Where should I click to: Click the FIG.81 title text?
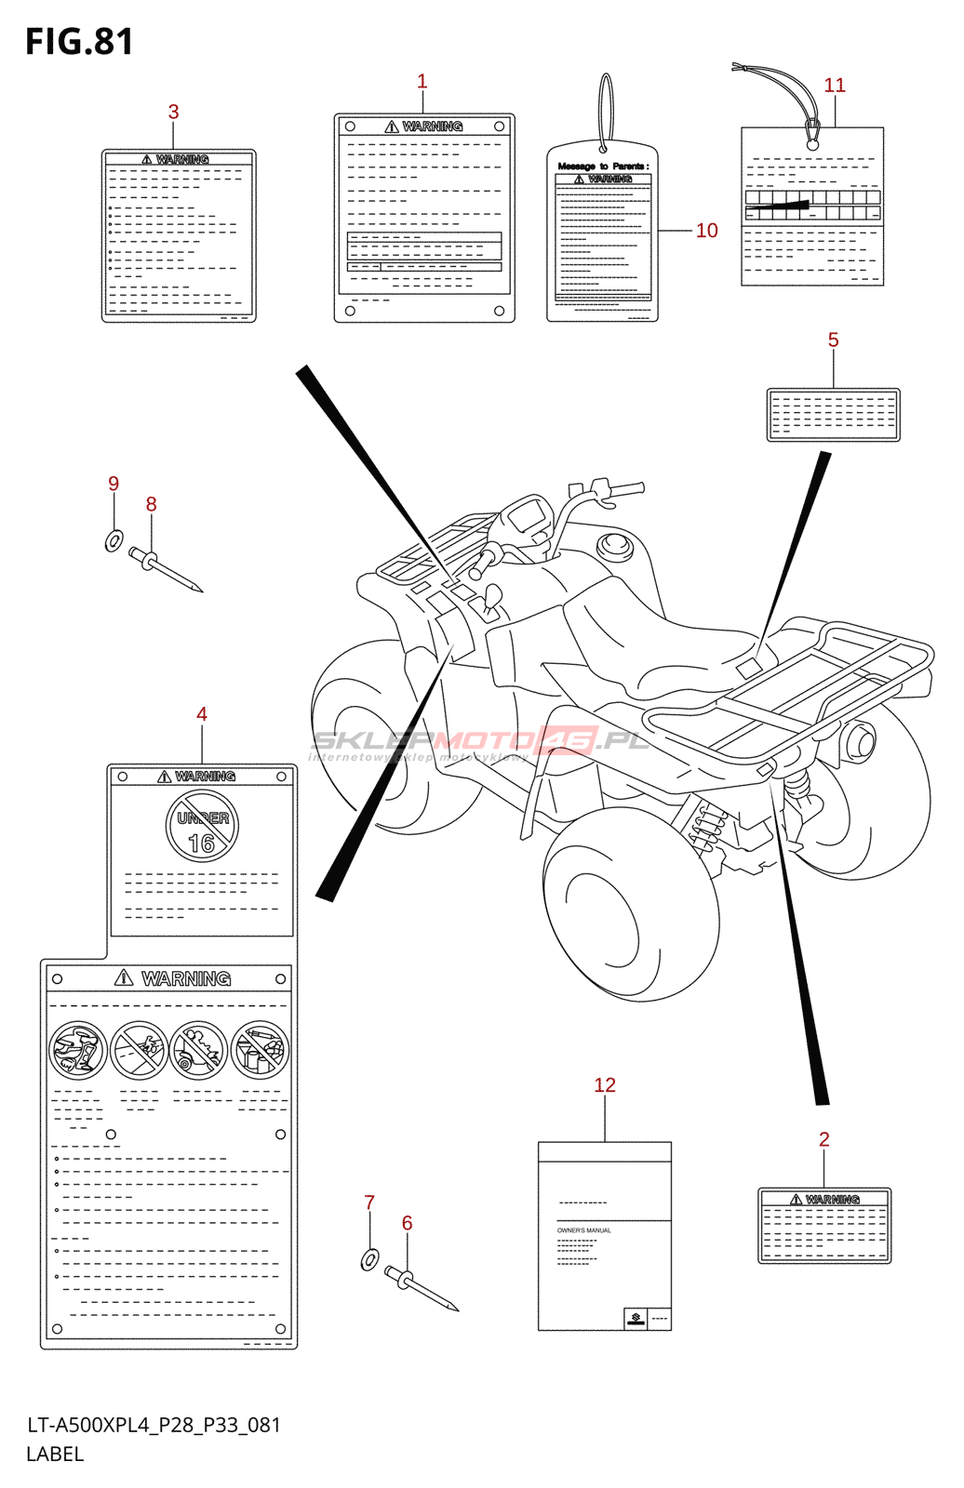[79, 42]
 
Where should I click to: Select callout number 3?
[173, 112]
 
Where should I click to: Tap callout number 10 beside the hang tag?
[706, 231]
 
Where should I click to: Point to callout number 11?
[835, 86]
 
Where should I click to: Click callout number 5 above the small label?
[833, 340]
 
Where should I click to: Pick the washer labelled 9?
[114, 540]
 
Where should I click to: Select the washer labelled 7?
[369, 1260]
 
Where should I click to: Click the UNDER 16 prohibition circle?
[202, 827]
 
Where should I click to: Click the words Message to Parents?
[602, 166]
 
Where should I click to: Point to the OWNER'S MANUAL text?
[584, 1230]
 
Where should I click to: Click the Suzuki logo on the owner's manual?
[636, 1318]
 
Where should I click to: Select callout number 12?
[605, 1085]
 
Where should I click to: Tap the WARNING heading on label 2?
[832, 1200]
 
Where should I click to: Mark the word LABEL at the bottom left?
[55, 1455]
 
